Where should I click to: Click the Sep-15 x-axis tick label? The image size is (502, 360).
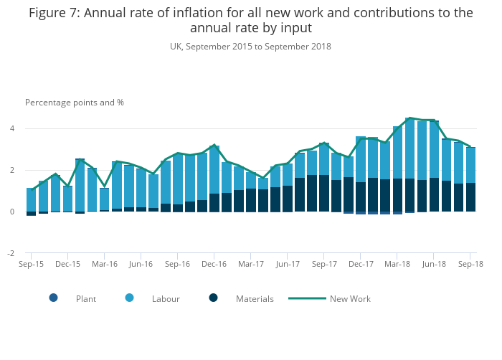(31, 265)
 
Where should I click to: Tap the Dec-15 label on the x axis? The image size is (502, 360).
(67, 265)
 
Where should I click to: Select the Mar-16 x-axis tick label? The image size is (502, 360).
(105, 265)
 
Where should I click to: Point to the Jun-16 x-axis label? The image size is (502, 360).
(141, 265)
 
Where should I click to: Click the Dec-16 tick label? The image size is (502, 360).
(214, 265)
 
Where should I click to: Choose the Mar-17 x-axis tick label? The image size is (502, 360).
(251, 265)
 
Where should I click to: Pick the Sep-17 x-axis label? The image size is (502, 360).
(324, 265)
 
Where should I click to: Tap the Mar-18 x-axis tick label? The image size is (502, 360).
(397, 265)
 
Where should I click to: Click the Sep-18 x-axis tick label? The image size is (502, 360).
(470, 265)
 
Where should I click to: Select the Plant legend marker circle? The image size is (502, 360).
(54, 298)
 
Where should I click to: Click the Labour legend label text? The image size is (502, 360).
(166, 299)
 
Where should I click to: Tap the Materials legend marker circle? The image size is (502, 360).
(214, 298)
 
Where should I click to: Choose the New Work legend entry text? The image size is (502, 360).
(350, 299)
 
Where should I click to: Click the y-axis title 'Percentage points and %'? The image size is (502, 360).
(75, 103)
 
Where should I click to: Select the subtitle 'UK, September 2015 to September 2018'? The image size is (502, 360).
(250, 47)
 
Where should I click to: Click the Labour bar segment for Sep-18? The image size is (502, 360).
(470, 165)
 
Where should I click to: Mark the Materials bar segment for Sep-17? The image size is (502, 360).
(324, 193)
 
